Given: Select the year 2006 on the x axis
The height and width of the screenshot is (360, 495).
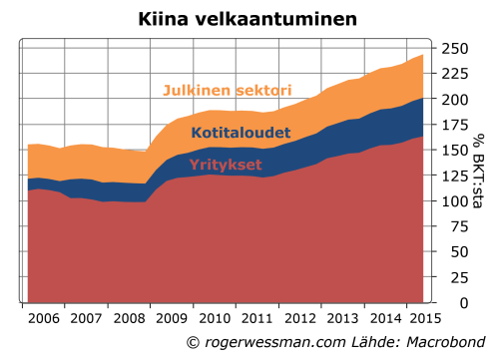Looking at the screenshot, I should click(42, 318).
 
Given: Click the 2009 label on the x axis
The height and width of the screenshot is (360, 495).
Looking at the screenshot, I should click(171, 318).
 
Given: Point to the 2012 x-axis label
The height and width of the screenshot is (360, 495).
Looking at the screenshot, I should click(299, 318).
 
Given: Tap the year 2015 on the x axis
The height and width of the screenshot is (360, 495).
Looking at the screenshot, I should click(425, 318).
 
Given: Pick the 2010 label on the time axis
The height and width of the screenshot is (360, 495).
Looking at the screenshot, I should click(214, 318).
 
